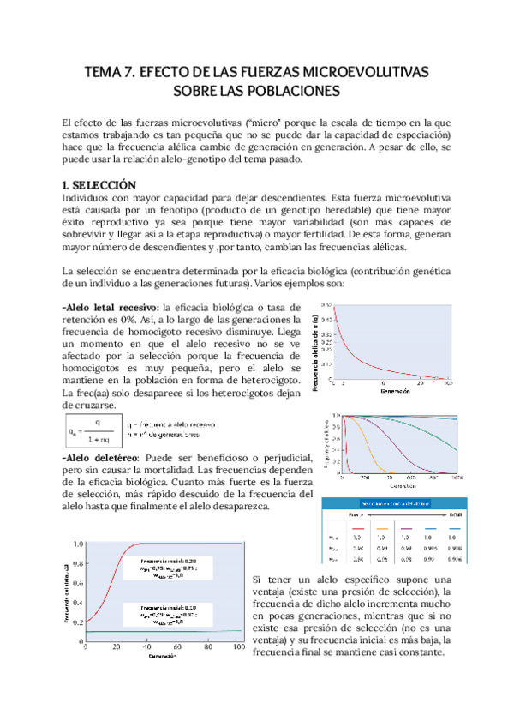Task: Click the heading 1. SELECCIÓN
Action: pos(99,185)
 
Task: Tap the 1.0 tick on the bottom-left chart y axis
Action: pos(78,544)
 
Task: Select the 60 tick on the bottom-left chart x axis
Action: pos(176,646)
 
